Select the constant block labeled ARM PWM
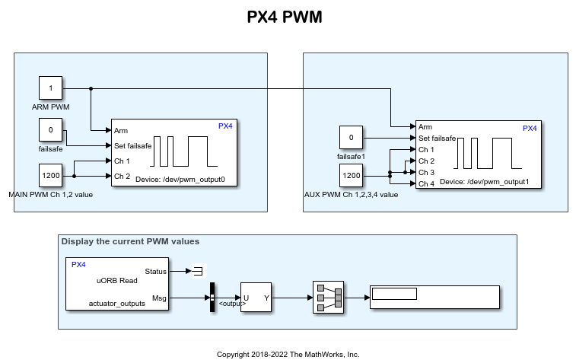(x=51, y=88)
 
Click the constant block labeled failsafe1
(x=351, y=138)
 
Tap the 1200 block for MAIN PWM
(x=51, y=176)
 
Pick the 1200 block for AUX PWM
(x=351, y=176)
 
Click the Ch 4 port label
(x=426, y=183)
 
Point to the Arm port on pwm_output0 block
(x=121, y=130)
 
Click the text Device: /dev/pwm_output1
(x=484, y=183)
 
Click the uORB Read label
(x=116, y=280)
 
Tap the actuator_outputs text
(x=116, y=303)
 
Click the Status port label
(x=155, y=270)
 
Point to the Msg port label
(x=160, y=298)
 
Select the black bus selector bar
(x=212, y=298)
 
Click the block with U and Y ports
(x=256, y=298)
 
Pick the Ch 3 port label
(x=426, y=172)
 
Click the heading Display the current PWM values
(x=130, y=241)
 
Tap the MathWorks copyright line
(x=288, y=354)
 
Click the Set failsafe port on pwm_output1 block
(x=437, y=138)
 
